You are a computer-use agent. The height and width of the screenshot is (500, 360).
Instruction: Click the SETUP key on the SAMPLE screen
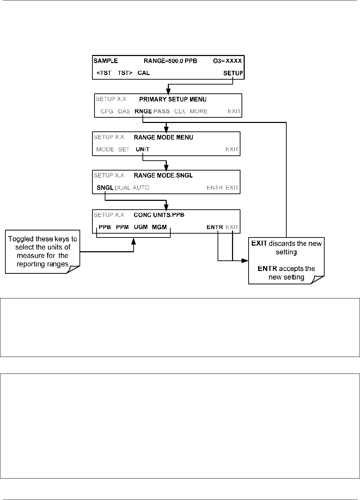click(x=233, y=73)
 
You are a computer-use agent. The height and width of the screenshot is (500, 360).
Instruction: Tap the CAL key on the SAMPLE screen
click(x=144, y=73)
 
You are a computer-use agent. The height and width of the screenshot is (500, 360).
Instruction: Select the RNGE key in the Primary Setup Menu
click(x=143, y=111)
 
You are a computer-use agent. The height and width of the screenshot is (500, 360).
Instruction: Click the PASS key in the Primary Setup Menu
click(x=161, y=111)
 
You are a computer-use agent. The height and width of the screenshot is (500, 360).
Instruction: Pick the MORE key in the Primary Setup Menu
click(x=199, y=111)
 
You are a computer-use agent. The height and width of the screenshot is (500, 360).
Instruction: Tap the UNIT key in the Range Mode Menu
click(x=142, y=149)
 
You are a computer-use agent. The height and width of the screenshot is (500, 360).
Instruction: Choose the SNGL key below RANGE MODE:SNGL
click(x=105, y=188)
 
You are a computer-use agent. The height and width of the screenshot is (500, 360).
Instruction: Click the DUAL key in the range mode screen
click(x=122, y=188)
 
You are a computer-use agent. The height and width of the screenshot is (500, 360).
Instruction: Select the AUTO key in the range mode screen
click(x=141, y=188)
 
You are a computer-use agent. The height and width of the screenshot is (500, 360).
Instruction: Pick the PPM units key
click(x=122, y=227)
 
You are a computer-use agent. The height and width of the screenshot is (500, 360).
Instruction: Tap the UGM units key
click(x=141, y=227)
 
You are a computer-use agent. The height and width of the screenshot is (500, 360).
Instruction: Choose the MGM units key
click(x=159, y=227)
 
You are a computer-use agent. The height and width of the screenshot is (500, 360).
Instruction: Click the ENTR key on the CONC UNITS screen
click(x=215, y=227)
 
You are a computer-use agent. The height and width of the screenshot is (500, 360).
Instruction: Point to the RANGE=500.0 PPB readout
click(x=170, y=61)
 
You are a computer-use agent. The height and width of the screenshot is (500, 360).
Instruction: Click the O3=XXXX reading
click(x=227, y=61)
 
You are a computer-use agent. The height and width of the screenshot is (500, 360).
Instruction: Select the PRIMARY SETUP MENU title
click(x=173, y=99)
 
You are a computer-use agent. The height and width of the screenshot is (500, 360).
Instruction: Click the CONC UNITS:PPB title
click(x=159, y=215)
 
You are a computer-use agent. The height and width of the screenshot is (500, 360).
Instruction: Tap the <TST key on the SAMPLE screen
click(x=104, y=73)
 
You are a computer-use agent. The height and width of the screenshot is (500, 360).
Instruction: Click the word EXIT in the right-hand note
click(x=259, y=243)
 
